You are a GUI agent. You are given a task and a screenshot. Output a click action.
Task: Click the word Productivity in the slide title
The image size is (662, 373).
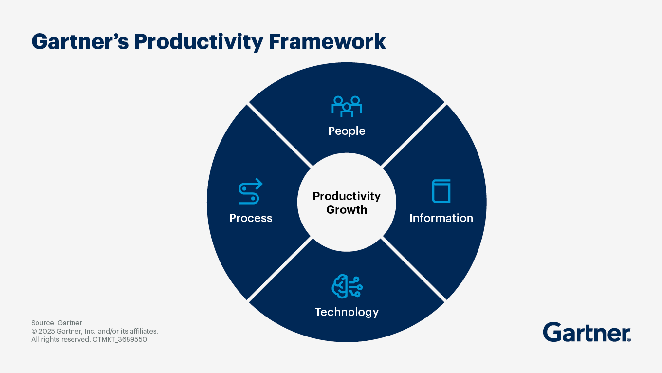[x=198, y=42]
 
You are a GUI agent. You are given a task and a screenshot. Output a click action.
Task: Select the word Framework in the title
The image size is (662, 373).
[x=327, y=42]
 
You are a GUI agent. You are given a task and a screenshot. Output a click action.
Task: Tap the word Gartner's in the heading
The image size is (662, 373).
[x=80, y=42]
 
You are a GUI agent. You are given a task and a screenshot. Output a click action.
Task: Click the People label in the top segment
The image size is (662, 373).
[x=347, y=131]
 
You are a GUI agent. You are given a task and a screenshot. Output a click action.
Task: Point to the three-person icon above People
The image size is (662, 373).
[x=347, y=106]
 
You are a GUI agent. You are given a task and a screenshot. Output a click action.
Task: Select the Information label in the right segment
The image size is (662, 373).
[x=441, y=218]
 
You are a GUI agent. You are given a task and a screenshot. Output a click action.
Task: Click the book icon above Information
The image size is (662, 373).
[x=441, y=191]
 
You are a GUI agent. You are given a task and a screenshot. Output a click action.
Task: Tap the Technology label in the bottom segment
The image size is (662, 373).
[x=347, y=312]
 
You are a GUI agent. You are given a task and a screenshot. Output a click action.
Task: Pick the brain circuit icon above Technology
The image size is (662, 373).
[x=347, y=286]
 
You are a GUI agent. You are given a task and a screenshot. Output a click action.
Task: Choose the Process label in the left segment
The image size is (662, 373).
[x=251, y=218]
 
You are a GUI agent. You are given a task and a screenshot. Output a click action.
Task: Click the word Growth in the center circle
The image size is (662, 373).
[x=347, y=210]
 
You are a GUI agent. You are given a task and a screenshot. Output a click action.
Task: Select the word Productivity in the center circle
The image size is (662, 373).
[x=347, y=196]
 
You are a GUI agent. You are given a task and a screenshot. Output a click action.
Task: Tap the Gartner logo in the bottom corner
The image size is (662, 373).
[x=586, y=332]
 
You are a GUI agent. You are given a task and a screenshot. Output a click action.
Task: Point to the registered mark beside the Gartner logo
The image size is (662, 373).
[x=629, y=339]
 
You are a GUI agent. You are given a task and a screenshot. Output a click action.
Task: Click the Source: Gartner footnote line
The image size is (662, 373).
[x=56, y=323]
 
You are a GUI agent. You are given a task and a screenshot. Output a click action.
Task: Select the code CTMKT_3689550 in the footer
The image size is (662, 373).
[x=120, y=339]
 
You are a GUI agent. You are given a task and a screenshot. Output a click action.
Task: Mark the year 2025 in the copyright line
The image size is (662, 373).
[x=47, y=331]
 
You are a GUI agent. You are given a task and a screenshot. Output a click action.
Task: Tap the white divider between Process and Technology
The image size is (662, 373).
[x=279, y=269]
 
